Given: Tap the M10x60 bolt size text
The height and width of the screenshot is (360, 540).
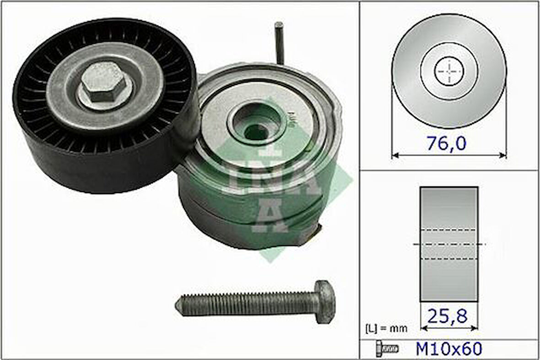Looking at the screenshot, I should pos(448,349).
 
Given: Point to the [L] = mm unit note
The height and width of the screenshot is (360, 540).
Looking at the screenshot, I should pos(386,328).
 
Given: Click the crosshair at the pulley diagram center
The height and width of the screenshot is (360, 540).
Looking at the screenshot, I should pos(449,71).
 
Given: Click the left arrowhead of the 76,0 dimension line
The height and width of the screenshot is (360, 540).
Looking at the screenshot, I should pos(394,156).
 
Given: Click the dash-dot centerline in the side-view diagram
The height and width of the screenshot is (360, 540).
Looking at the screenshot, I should pos(481,244).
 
